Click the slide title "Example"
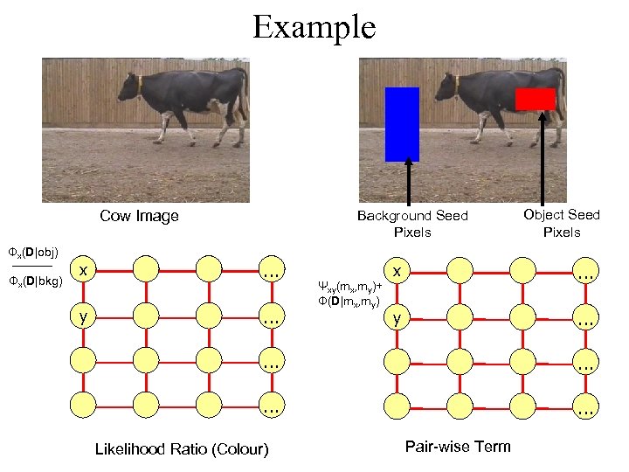(314, 26)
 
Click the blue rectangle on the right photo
(402, 124)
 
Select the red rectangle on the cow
(535, 99)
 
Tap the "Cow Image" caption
(139, 216)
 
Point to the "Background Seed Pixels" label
(412, 224)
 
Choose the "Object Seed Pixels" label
(561, 223)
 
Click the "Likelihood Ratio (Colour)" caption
(182, 449)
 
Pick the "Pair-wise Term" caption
(458, 447)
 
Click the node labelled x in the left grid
(83, 271)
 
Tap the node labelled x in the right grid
(397, 272)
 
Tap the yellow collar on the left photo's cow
(140, 86)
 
